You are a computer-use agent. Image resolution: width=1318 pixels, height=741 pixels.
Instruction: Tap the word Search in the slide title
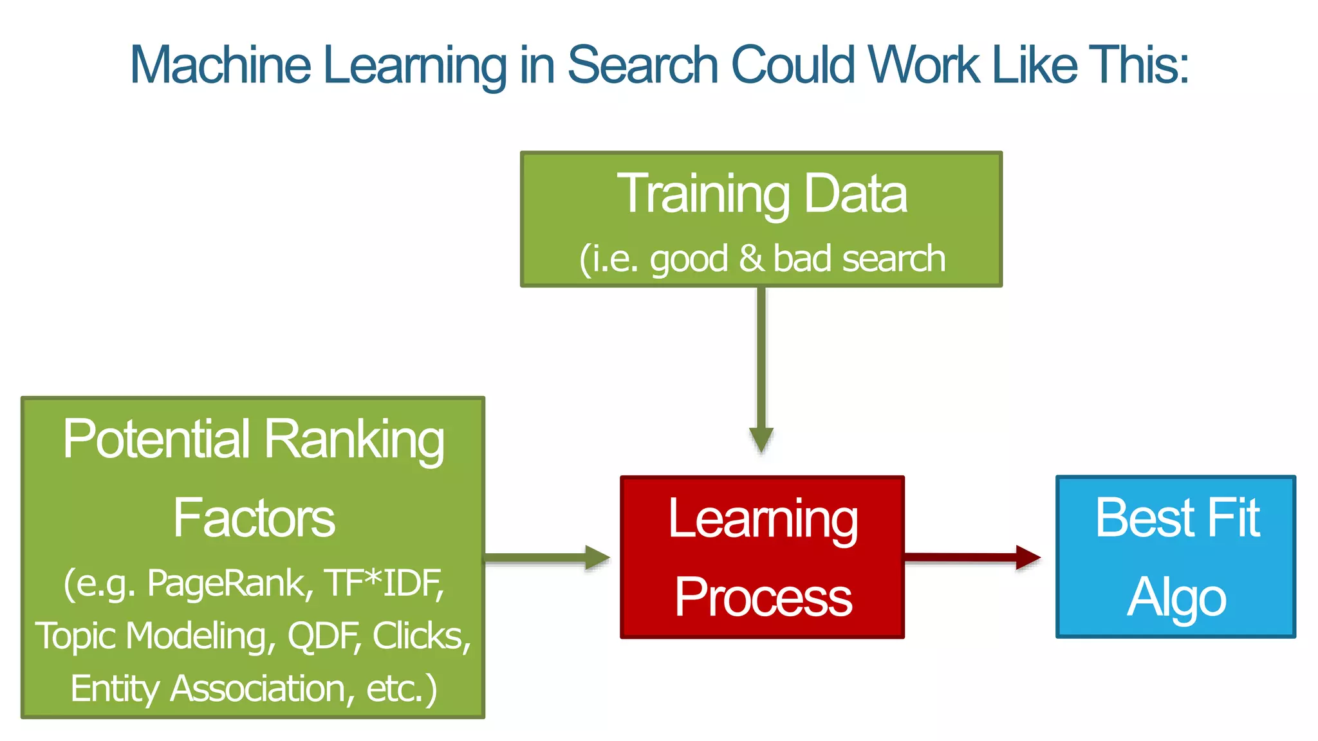pyautogui.click(x=642, y=65)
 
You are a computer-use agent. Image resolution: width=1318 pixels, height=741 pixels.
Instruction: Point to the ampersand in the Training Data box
pyautogui.click(x=750, y=258)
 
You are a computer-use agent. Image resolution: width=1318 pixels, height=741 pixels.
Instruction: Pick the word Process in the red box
pyautogui.click(x=763, y=597)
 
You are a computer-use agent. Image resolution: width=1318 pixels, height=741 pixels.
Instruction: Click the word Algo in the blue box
pyautogui.click(x=1176, y=597)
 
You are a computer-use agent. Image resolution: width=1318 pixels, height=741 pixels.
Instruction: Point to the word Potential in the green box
pyautogui.click(x=156, y=439)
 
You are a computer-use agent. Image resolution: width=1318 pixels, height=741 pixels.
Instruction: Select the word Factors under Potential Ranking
pyautogui.click(x=254, y=518)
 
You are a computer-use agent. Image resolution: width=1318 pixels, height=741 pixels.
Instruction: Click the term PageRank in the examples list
pyautogui.click(x=229, y=583)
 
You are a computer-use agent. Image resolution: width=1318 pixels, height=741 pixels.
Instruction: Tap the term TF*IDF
pyautogui.click(x=384, y=583)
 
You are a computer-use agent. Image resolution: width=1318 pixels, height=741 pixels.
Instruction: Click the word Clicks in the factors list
pyautogui.click(x=421, y=636)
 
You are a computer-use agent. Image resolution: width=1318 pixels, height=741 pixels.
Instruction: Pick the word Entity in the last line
pyautogui.click(x=114, y=688)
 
